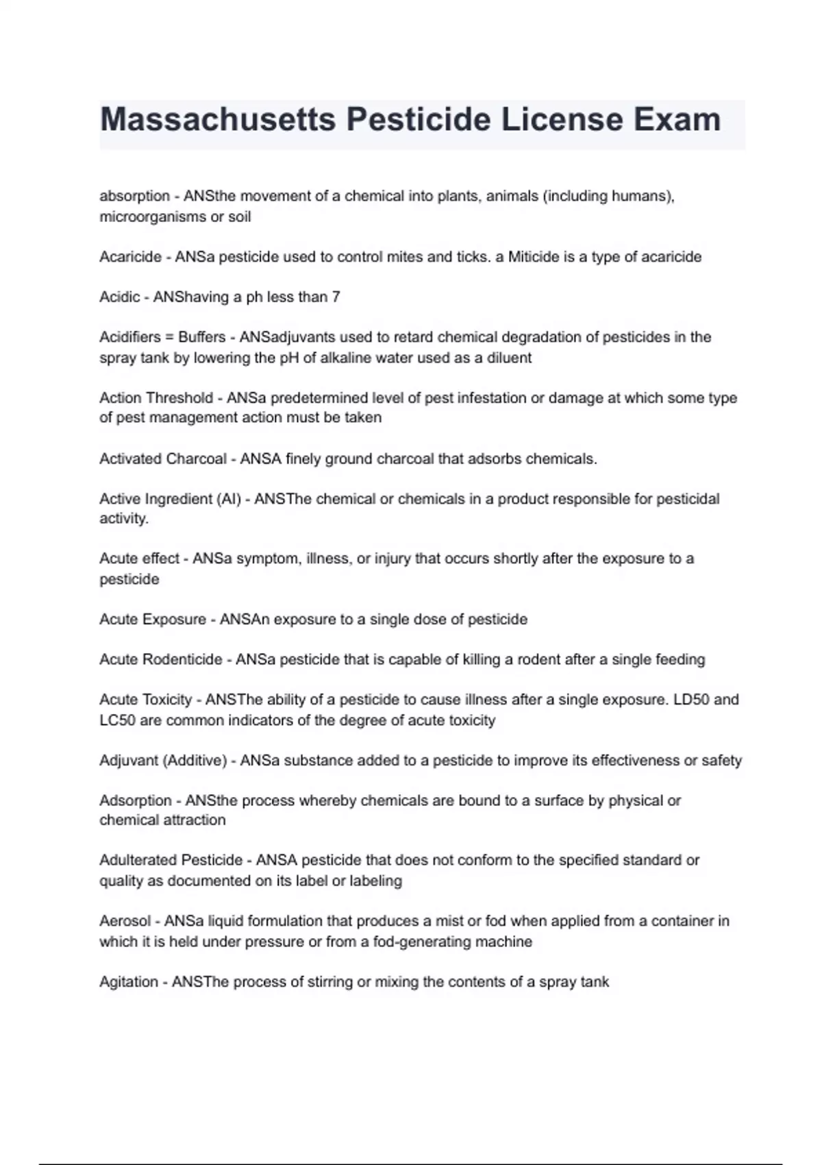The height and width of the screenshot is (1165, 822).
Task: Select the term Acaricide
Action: tap(130, 257)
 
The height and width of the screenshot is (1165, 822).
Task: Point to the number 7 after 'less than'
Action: tap(336, 297)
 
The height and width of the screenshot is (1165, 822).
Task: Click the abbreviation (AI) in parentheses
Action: tap(228, 499)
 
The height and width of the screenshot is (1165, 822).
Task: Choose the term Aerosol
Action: tap(125, 921)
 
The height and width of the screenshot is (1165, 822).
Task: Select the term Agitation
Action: tap(129, 982)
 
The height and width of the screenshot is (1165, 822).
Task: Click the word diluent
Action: tap(509, 358)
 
